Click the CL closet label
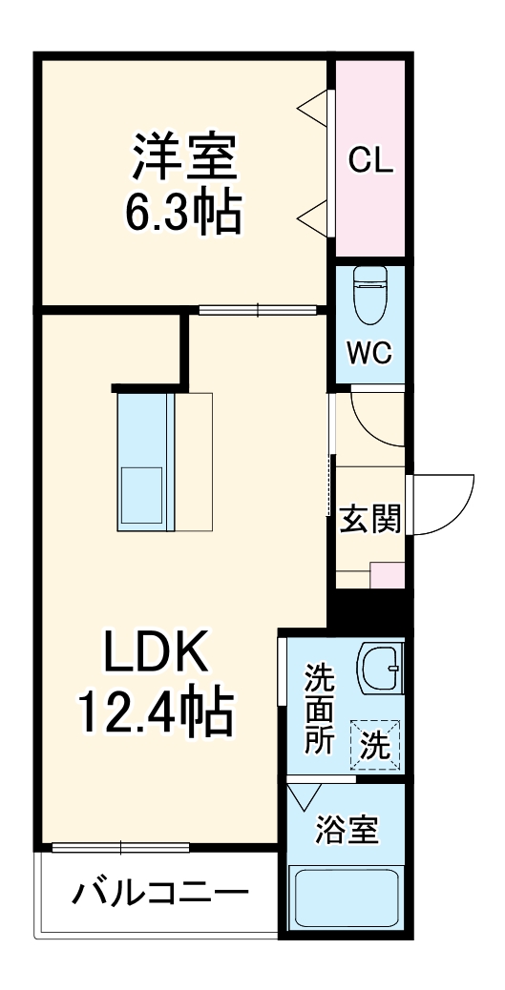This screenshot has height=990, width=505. click(x=369, y=161)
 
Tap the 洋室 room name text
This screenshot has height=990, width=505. click(x=184, y=157)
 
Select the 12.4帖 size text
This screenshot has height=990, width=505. click(x=155, y=712)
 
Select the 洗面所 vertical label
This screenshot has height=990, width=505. click(x=319, y=711)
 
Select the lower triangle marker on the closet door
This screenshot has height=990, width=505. click(x=313, y=216)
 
